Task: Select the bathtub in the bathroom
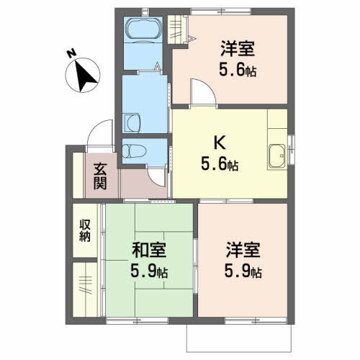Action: click(143, 31)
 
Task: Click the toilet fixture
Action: click(135, 152)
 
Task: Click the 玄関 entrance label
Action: click(100, 177)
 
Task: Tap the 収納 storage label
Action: click(84, 232)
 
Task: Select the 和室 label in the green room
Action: click(149, 252)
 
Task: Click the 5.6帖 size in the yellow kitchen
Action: click(220, 165)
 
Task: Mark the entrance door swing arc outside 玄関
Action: click(94, 134)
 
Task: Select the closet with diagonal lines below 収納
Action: click(84, 287)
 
